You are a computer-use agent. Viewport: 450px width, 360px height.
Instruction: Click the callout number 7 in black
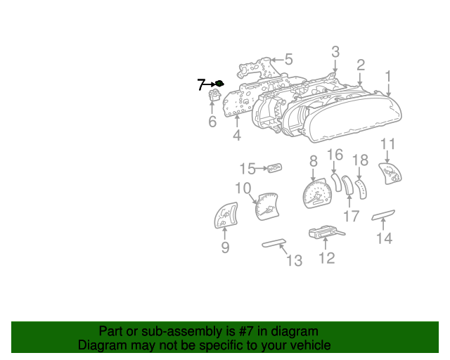pyautogui.click(x=201, y=84)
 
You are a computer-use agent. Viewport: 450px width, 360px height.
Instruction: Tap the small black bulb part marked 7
pyautogui.click(x=219, y=84)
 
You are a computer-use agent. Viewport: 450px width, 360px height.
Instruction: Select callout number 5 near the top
pyautogui.click(x=288, y=60)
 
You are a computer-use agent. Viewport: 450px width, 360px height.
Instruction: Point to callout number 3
pyautogui.click(x=335, y=51)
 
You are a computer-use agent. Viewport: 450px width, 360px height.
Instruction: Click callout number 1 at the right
pyautogui.click(x=388, y=75)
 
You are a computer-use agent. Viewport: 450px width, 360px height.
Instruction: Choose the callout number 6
pyautogui.click(x=212, y=122)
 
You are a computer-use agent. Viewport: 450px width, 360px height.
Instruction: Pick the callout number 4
pyautogui.click(x=237, y=135)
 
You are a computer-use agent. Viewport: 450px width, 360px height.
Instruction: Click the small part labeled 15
pyautogui.click(x=275, y=168)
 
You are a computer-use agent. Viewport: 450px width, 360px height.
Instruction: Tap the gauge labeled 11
pyautogui.click(x=390, y=174)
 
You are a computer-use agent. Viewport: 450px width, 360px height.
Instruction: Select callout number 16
pyautogui.click(x=335, y=155)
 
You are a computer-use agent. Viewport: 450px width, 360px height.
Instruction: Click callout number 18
pyautogui.click(x=360, y=160)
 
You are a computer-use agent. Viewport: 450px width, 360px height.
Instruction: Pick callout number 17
pyautogui.click(x=352, y=215)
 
